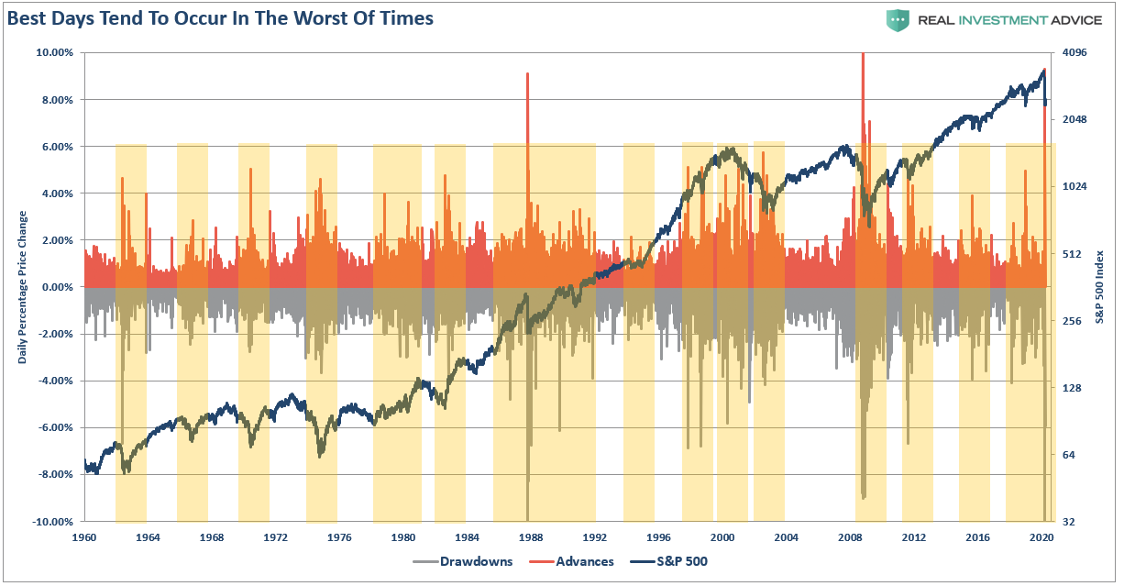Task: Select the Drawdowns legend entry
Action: pyautogui.click(x=467, y=561)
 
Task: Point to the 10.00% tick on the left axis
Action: pyautogui.click(x=55, y=52)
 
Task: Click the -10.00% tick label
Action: pyautogui.click(x=53, y=522)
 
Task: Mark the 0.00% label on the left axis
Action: pyautogui.click(x=57, y=287)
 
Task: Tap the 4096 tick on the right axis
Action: pyautogui.click(x=1074, y=52)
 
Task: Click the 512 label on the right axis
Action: pyautogui.click(x=1071, y=254)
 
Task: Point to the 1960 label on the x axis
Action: pyautogui.click(x=84, y=537)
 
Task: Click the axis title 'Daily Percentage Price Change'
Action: pyautogui.click(x=23, y=287)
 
